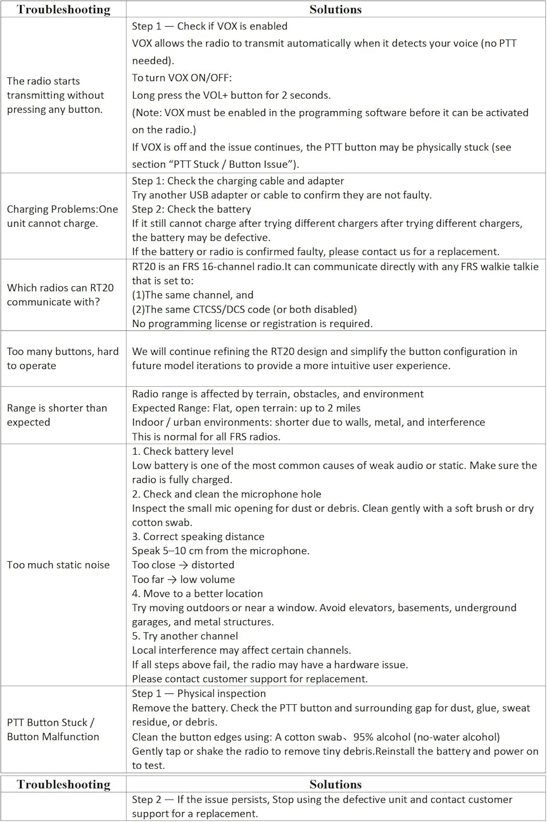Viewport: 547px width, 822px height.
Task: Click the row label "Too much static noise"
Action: tap(58, 565)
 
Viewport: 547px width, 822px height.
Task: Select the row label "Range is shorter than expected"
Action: tap(57, 415)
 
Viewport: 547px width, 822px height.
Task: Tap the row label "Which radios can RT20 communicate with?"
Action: tap(60, 295)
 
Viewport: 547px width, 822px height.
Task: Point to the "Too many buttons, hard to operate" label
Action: tap(62, 358)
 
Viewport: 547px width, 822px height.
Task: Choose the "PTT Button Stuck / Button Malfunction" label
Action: tap(53, 729)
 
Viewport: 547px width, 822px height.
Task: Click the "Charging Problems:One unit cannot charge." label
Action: tap(62, 216)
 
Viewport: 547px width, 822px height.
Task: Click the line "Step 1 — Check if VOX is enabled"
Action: tap(209, 26)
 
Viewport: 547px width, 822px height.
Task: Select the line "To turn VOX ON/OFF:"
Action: tap(182, 78)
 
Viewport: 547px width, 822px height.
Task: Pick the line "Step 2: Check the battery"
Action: tap(191, 209)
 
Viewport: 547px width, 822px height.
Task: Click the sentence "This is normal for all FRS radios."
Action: tap(206, 437)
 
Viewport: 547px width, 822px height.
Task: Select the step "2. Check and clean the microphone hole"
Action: tap(226, 494)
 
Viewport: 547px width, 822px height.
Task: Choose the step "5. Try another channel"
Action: tap(185, 636)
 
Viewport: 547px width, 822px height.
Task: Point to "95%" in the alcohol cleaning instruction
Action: tap(365, 737)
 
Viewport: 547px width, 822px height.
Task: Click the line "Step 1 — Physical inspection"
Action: tap(199, 693)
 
